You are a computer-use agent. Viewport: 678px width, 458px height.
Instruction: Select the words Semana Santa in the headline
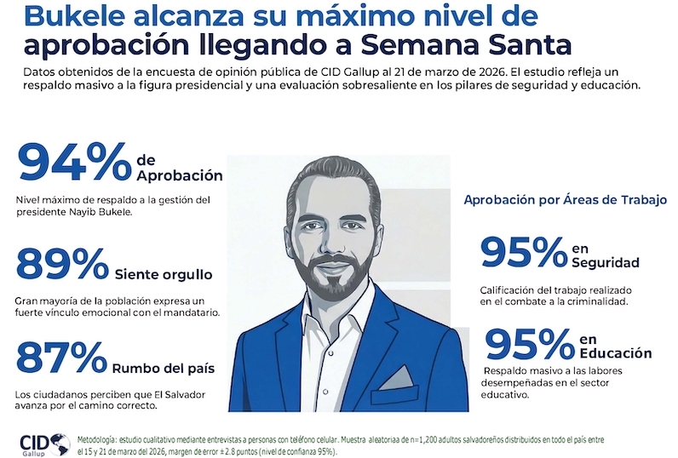pos(478,44)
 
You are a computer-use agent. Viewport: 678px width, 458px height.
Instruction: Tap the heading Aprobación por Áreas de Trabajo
pos(565,200)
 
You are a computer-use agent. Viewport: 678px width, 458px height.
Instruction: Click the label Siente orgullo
pos(163,275)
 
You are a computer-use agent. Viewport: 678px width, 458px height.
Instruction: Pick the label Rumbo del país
pos(163,368)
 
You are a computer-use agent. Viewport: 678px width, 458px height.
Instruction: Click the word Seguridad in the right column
pos(605,262)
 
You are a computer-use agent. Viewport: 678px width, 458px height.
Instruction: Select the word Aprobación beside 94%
pos(179,175)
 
